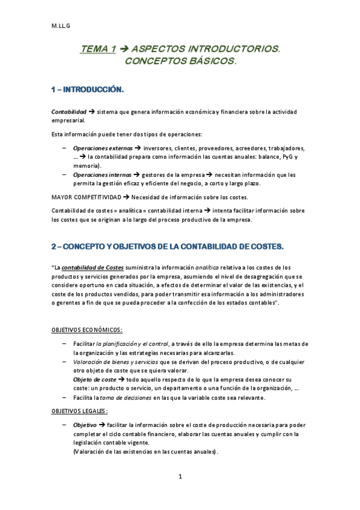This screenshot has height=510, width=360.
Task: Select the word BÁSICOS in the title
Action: pos(207,61)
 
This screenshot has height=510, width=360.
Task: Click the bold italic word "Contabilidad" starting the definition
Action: pos(68,112)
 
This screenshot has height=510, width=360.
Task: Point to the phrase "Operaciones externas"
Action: pos(103,148)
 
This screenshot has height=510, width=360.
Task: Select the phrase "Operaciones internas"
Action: pos(102,174)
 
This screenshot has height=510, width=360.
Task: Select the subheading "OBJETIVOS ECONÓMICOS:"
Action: pos(87,330)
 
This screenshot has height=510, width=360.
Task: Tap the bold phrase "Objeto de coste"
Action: pos(94,380)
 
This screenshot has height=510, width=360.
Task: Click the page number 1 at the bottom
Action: pos(180,476)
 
